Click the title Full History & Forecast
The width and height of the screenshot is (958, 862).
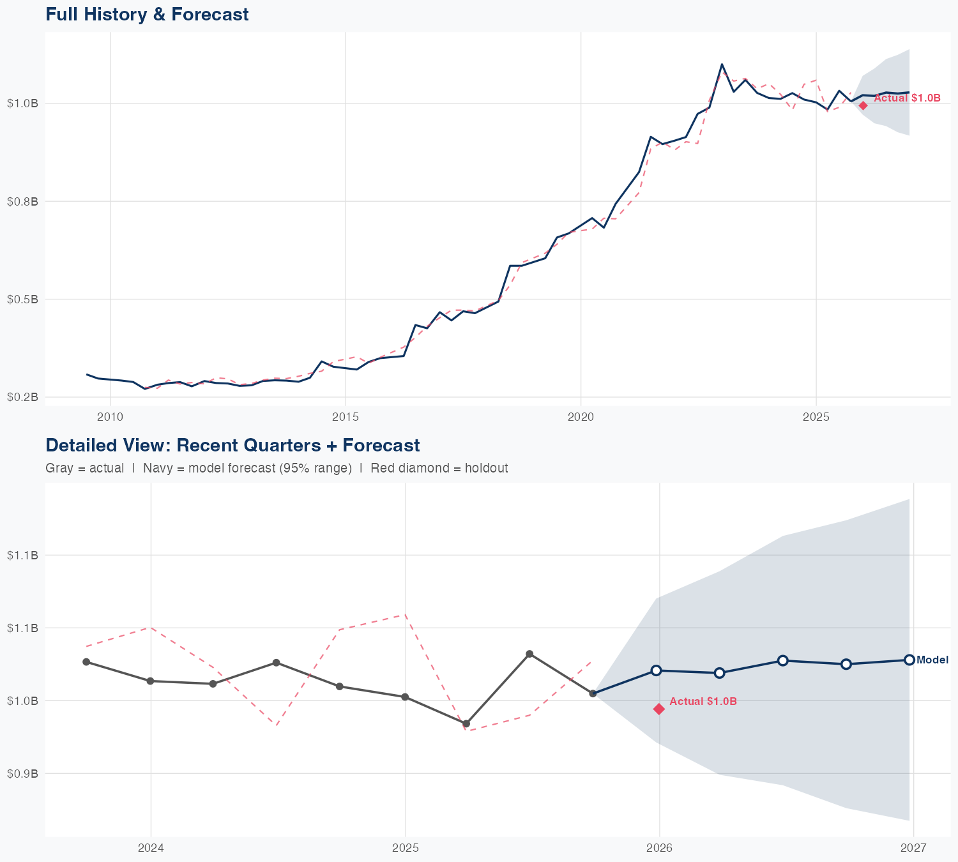pos(147,14)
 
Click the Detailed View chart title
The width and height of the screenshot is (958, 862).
pos(232,445)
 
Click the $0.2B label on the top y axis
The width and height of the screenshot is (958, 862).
pos(22,397)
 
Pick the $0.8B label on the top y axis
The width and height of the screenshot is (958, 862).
pos(22,201)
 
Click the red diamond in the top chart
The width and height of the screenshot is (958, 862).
pos(863,105)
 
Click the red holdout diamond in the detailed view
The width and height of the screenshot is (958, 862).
pos(659,709)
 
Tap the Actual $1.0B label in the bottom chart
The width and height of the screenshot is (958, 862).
pos(703,701)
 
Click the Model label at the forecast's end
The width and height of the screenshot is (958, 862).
pos(932,660)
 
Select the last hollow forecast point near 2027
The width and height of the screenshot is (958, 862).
pos(909,660)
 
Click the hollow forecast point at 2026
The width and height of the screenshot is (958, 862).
pos(656,670)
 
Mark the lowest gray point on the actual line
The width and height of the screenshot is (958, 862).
pos(466,723)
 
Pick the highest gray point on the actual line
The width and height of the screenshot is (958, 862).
pos(529,654)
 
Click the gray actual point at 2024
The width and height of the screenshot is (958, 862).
pos(150,681)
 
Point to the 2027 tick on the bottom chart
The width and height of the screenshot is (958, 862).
pos(913,848)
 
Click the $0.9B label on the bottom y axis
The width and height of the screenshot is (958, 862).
pos(22,773)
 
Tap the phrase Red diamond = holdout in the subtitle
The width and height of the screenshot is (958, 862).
pos(439,468)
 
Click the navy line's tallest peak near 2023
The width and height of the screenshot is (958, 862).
pos(722,64)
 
